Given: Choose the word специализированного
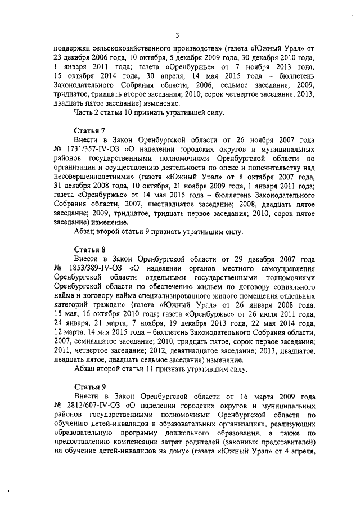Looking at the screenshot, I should coord(175,296).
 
